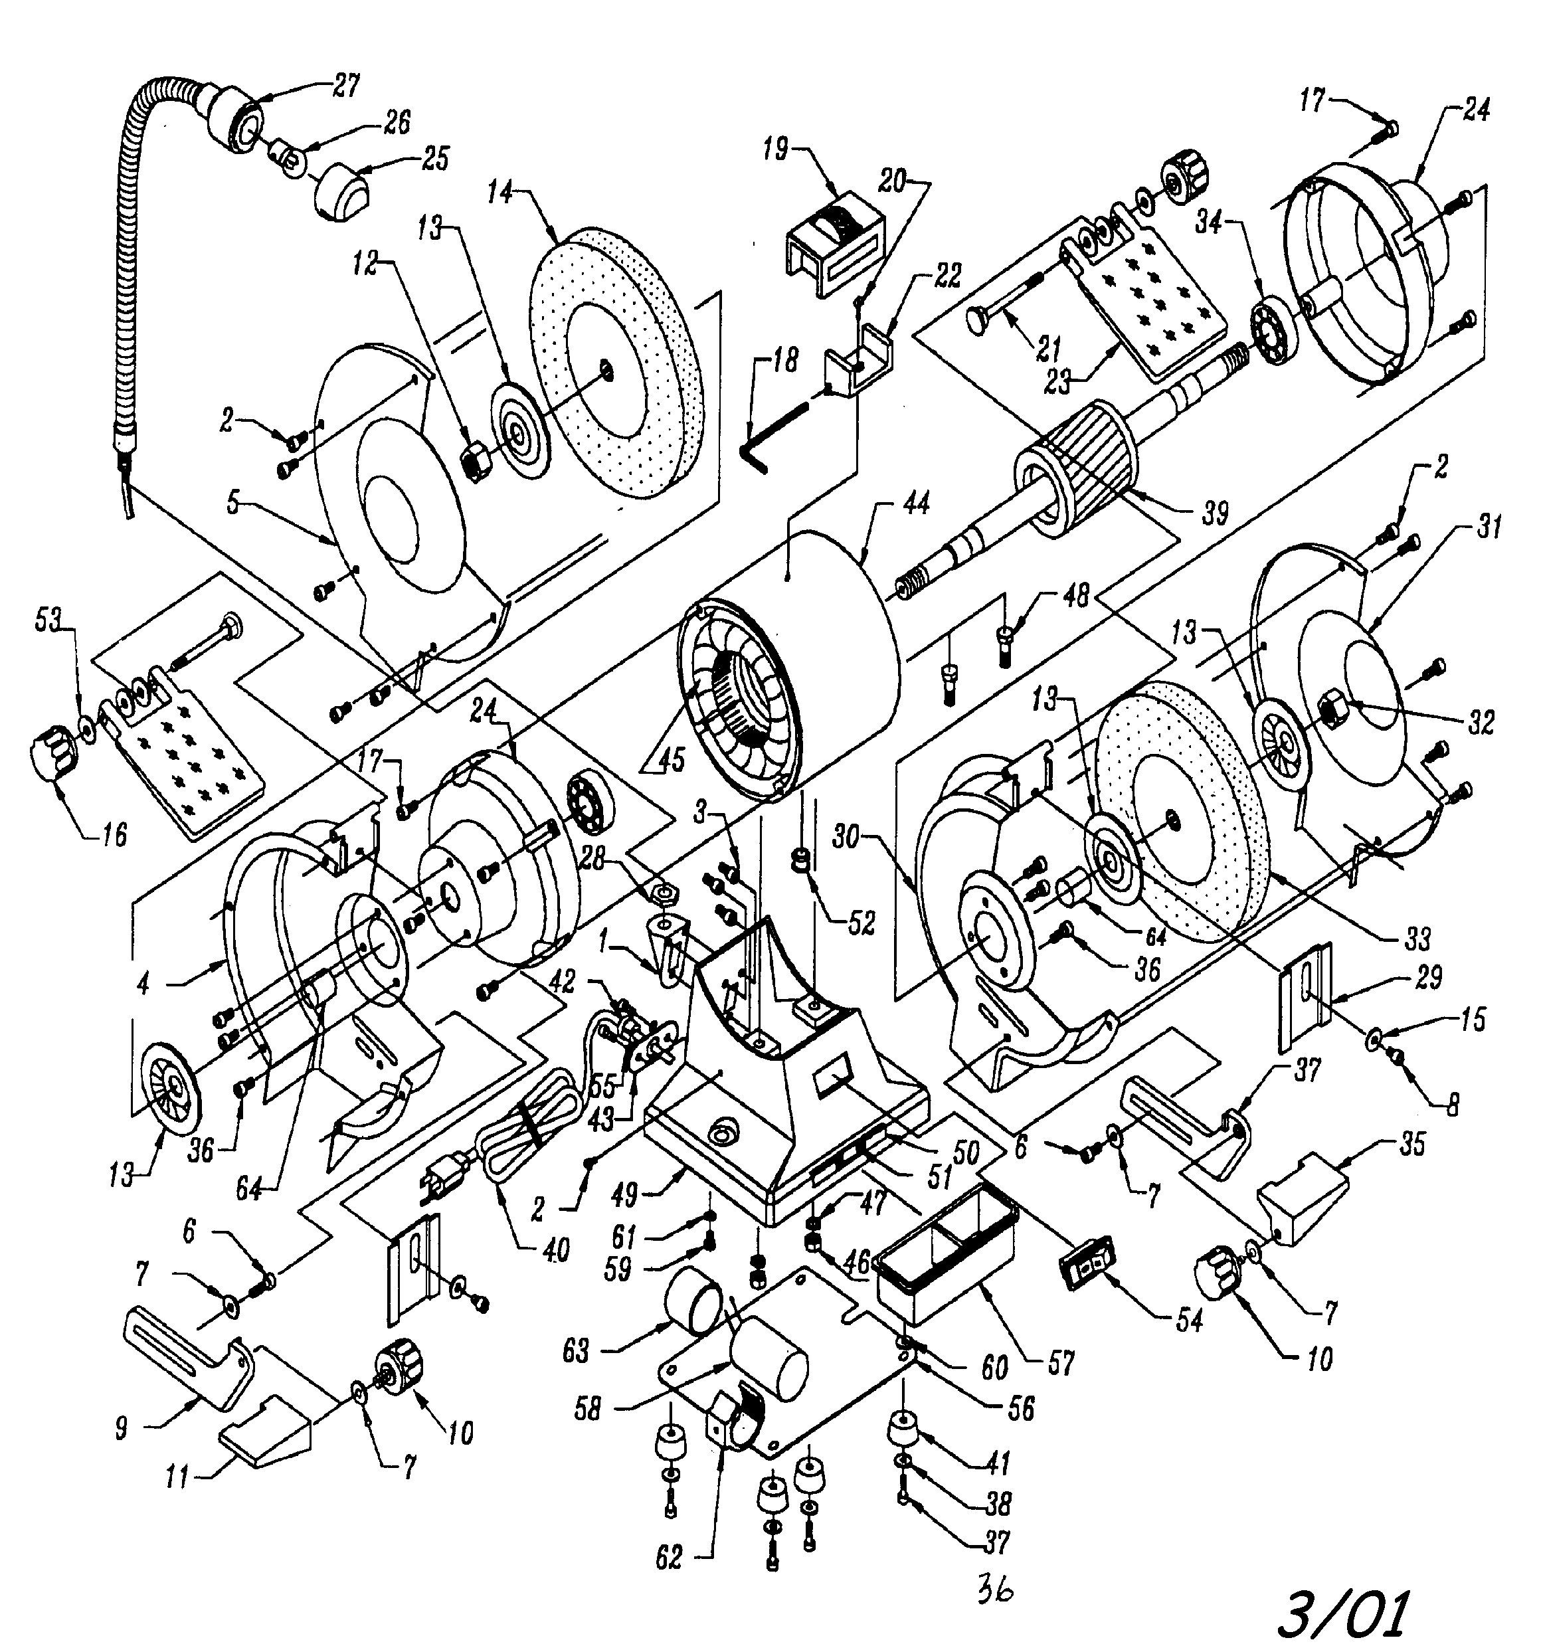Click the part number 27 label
pos(347,86)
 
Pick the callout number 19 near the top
pos(776,151)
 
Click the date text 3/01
pos(1342,1610)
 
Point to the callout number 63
pos(576,1351)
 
